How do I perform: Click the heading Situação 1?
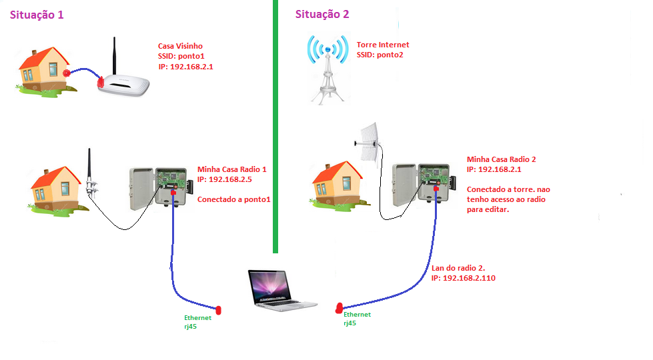[36, 15]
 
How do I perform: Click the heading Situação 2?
[322, 14]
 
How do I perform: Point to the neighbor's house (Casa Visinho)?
[44, 66]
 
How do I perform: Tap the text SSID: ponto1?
[175, 57]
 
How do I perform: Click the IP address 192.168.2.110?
[463, 278]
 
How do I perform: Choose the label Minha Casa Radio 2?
[501, 159]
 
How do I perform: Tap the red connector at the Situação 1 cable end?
[217, 309]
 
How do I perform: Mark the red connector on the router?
[101, 83]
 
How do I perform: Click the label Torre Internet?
[383, 45]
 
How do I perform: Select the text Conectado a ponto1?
[234, 200]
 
